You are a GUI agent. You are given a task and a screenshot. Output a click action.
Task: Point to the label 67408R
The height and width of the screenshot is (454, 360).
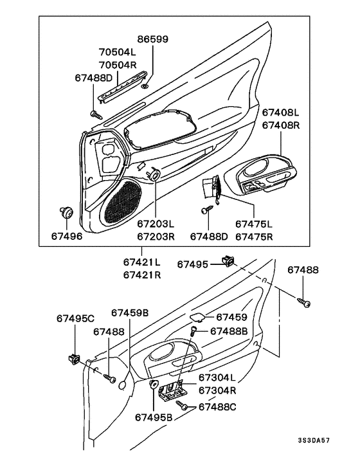pos(280,125)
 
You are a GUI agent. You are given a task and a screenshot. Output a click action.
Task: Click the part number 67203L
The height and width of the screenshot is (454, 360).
pos(155,224)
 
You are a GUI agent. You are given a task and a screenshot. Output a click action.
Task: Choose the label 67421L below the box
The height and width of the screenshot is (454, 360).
pos(142,262)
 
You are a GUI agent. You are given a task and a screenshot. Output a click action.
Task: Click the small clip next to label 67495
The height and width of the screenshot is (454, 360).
pos(227,260)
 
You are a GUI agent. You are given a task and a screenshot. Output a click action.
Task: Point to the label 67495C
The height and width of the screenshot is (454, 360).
pos(75,318)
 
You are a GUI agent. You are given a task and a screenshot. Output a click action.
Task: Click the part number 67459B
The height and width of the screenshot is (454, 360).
pos(130,313)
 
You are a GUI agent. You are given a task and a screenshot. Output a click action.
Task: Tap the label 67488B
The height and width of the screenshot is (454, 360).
pos(228,331)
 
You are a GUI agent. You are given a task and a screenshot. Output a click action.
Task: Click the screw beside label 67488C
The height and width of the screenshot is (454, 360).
pos(184,407)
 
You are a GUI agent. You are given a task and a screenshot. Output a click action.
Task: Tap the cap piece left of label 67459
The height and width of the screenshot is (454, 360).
pos(199,317)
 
